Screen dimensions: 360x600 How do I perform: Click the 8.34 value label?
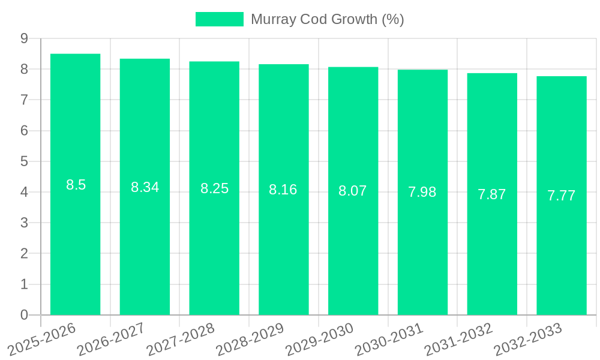click(x=145, y=187)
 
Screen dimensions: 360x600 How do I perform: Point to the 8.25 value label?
click(x=214, y=188)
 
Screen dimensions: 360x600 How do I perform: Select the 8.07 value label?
click(x=353, y=191)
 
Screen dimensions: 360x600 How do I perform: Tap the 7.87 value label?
click(x=492, y=194)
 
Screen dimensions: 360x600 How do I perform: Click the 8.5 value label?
click(x=76, y=185)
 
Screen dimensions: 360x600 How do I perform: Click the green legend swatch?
click(x=220, y=19)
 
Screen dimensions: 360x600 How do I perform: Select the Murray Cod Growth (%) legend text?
click(x=327, y=19)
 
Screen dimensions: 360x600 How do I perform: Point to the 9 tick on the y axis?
click(x=24, y=38)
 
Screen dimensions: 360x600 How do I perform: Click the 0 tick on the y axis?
click(x=24, y=315)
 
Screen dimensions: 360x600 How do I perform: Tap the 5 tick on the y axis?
click(x=24, y=161)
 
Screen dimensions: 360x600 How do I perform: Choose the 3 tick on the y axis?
click(x=24, y=223)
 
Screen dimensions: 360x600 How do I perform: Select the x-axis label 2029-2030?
click(x=320, y=337)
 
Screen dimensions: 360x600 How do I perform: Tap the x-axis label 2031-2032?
click(x=458, y=337)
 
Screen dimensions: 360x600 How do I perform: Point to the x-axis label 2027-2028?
click(x=181, y=337)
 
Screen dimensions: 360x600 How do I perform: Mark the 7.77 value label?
click(x=562, y=196)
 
